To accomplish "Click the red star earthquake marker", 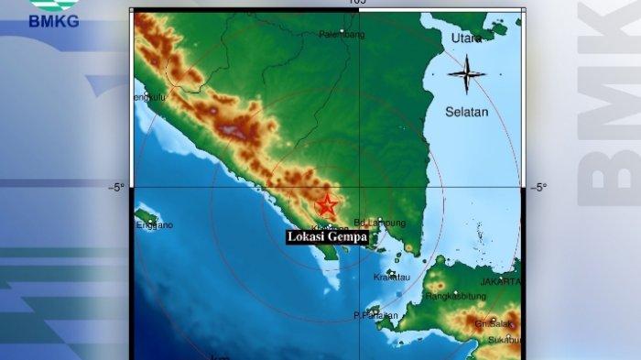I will click(327, 204).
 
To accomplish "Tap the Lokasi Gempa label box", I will click(327, 237).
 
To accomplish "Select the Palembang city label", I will click(342, 35).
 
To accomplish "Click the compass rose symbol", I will click(466, 73).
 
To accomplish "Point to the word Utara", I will click(466, 38).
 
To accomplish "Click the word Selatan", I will click(466, 112).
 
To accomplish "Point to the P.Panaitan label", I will click(375, 316).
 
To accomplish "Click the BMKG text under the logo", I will click(54, 21).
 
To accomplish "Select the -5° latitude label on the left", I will click(116, 188).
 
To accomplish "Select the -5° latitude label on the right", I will click(538, 188).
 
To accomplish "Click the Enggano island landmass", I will click(145, 216).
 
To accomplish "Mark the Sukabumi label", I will click(503, 340).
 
